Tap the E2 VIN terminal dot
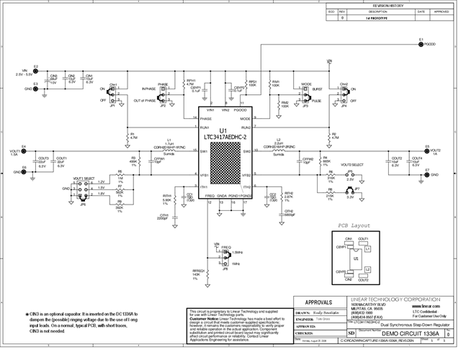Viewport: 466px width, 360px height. tap(32, 71)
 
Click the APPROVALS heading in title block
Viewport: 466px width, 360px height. tap(318, 302)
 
